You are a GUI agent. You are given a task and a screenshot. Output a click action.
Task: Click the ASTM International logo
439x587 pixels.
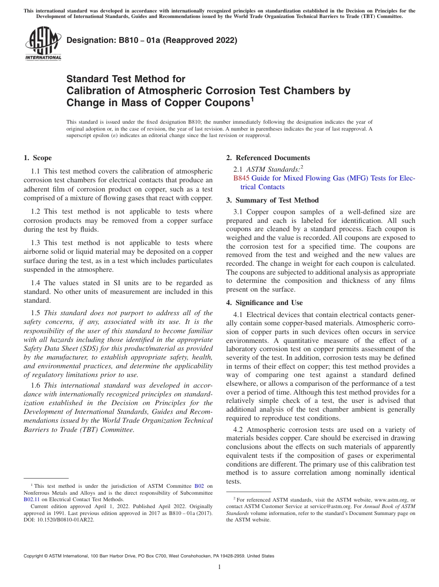43,44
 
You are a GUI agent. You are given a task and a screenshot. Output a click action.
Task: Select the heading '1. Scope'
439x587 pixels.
37,158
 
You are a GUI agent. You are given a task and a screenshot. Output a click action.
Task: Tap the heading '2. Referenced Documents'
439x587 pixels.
268,158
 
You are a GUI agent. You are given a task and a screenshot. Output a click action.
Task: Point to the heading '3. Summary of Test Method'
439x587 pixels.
272,200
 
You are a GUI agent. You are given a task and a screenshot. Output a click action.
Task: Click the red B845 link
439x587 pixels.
241,178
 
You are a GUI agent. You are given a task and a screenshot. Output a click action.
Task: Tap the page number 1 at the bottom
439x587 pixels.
219,567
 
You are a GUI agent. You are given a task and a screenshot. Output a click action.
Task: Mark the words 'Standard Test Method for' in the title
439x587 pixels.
126,79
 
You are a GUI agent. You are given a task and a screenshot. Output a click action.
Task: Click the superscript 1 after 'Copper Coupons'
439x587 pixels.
252,99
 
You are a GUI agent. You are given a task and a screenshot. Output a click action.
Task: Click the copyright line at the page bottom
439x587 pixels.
149,556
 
